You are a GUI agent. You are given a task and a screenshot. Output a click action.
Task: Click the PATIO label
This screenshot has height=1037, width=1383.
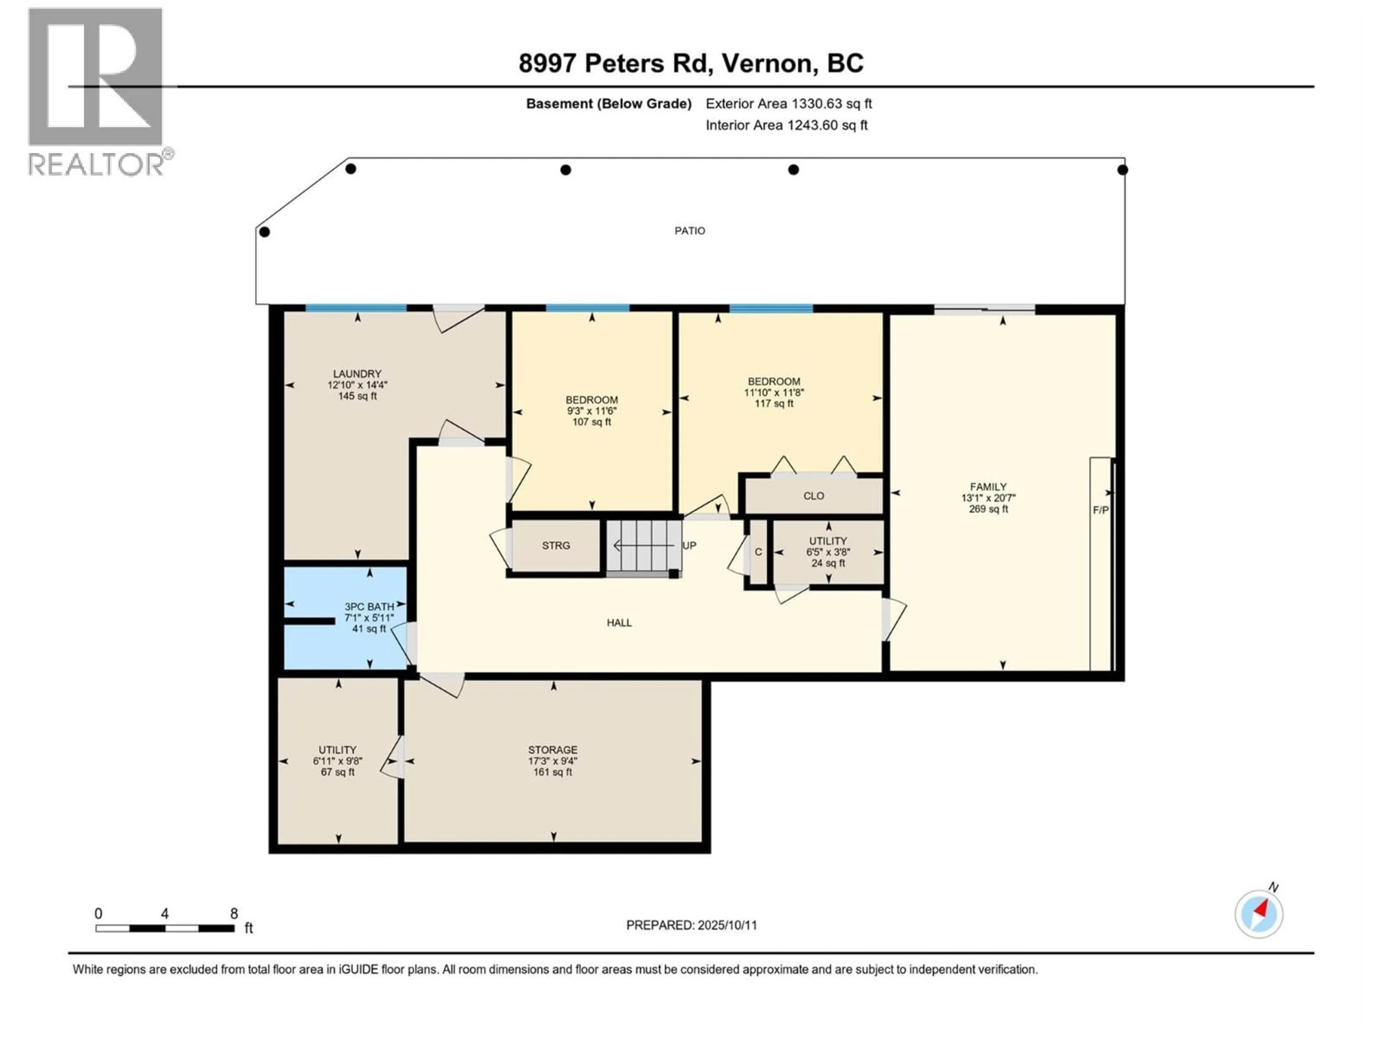[690, 231]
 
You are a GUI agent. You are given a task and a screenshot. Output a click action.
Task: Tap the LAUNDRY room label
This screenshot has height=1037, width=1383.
[357, 374]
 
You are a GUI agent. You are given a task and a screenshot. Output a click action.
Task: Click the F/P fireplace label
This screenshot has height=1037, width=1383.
[1100, 510]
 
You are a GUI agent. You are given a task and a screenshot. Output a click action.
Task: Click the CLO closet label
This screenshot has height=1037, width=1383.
[814, 496]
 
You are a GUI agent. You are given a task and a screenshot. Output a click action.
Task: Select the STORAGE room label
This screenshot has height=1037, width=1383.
[553, 749]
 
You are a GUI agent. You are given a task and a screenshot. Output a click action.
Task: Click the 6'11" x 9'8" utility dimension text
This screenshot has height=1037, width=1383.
[337, 761]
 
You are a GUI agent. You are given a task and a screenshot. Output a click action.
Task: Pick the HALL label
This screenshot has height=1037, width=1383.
[619, 623]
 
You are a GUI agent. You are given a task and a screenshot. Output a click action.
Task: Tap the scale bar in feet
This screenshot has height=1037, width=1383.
[165, 928]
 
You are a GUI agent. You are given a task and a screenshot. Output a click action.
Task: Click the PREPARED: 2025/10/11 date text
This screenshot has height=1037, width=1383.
[691, 925]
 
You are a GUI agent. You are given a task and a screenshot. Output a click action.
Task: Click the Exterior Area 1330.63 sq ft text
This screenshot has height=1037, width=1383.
[788, 104]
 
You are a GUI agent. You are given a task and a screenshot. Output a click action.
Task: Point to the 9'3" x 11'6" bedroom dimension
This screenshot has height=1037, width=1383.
[591, 411]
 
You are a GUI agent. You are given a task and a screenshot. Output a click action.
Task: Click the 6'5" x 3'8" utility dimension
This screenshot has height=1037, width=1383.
[828, 552]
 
